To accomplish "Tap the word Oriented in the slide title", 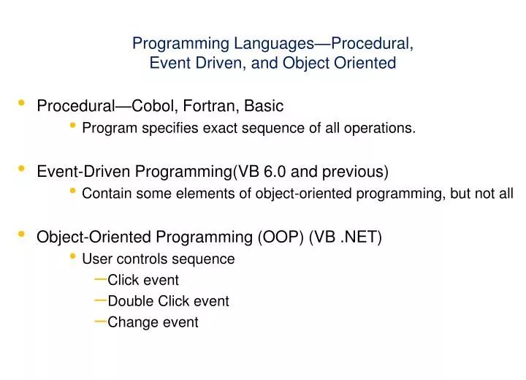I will [x=367, y=64].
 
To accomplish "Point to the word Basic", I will [x=264, y=107].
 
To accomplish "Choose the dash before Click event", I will [x=101, y=278].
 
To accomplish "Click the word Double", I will [x=129, y=301].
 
